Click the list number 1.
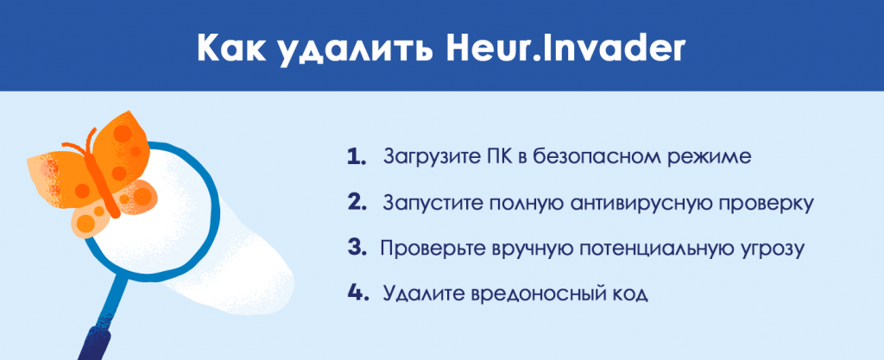click(x=357, y=156)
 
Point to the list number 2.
click(x=357, y=202)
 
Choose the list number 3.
click(x=357, y=248)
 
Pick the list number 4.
click(x=358, y=294)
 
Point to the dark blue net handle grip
click(x=93, y=342)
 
